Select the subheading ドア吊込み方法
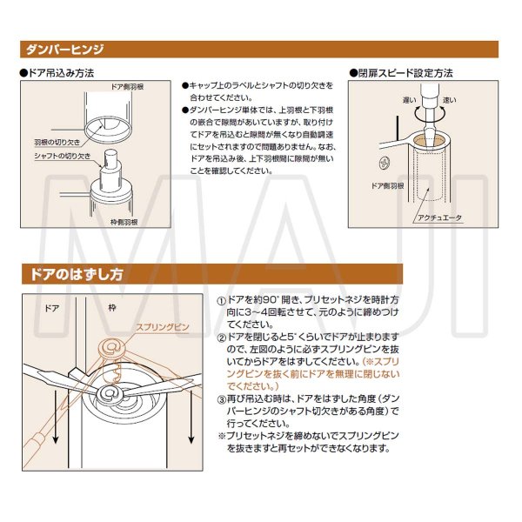61,73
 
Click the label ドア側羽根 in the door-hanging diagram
128,88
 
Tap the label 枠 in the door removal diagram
113,307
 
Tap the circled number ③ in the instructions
222,398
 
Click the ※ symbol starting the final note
222,435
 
